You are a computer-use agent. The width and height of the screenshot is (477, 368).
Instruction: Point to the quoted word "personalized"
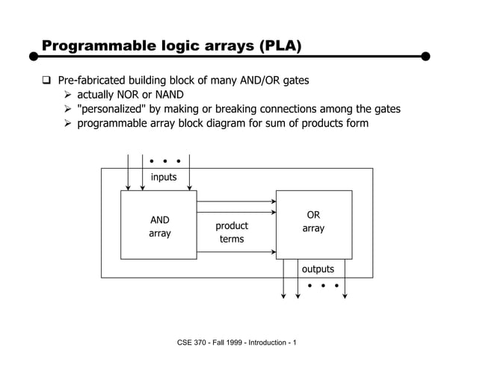point(118,109)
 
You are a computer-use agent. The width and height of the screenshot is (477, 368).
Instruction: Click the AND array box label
point(159,226)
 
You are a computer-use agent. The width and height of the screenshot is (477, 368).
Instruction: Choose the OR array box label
point(313,222)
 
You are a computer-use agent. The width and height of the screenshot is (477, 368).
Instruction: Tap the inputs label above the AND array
point(164,177)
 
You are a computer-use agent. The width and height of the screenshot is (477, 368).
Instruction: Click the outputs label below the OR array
point(318,269)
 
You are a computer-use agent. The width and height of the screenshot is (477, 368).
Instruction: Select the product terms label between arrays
point(232,232)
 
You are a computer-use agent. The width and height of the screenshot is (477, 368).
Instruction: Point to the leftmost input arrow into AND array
point(129,172)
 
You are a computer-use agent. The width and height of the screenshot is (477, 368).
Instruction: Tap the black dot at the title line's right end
point(426,56)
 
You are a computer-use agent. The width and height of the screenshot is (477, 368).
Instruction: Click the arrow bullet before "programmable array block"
point(69,124)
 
